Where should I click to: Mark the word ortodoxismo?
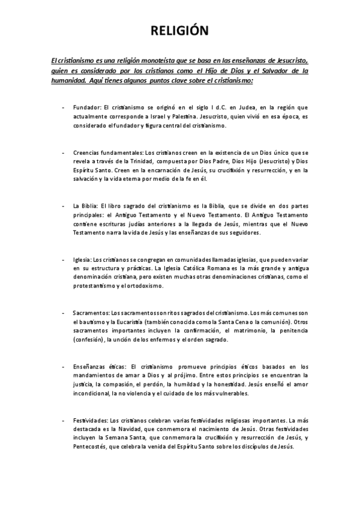(x=146, y=286)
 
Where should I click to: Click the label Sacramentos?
(x=91, y=313)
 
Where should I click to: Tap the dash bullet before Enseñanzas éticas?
(x=64, y=367)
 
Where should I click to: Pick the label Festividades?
(x=91, y=420)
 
